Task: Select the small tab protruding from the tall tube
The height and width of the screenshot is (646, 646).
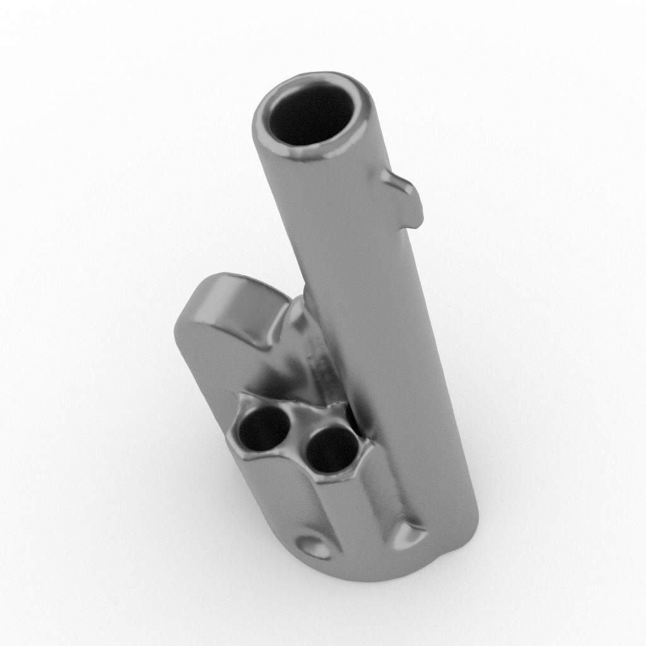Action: [404, 189]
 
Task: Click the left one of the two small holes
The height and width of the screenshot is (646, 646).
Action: [264, 428]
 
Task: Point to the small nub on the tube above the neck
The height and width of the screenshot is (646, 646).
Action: [307, 291]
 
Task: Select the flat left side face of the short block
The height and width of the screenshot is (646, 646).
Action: [202, 366]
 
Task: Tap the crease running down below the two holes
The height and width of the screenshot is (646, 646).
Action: [322, 505]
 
